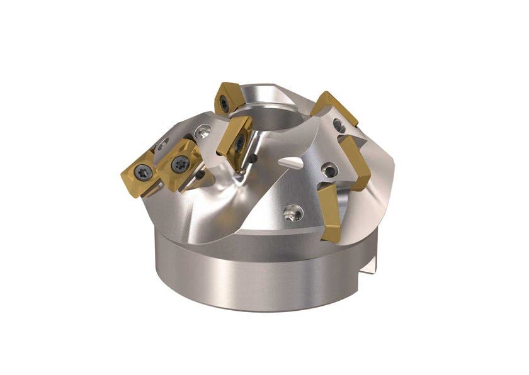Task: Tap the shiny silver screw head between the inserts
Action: click(x=202, y=132)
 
